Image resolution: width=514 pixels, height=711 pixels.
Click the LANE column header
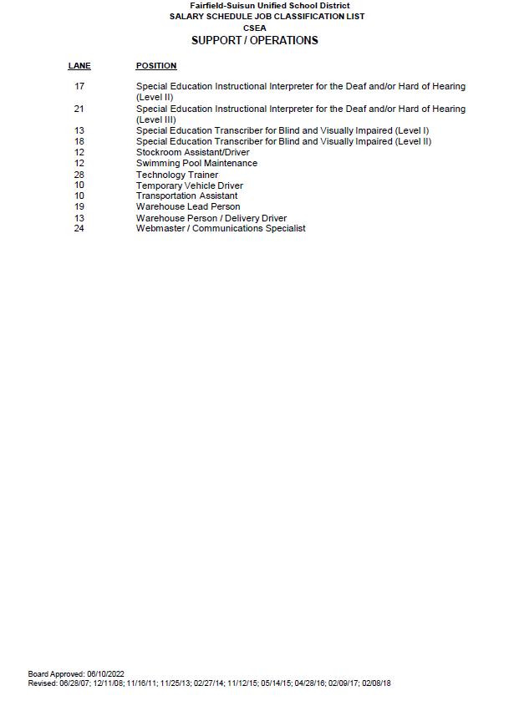pyautogui.click(x=79, y=66)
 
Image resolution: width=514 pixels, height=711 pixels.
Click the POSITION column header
pyautogui.click(x=156, y=66)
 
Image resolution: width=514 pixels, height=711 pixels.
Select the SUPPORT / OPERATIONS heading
pyautogui.click(x=255, y=40)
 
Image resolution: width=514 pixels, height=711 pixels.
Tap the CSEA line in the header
pyautogui.click(x=255, y=28)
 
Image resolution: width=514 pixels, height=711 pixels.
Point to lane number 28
pyautogui.click(x=79, y=175)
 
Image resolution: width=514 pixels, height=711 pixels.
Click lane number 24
pyautogui.click(x=79, y=228)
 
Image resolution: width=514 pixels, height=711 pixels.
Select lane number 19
pyautogui.click(x=79, y=206)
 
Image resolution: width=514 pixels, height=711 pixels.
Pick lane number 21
pyautogui.click(x=79, y=109)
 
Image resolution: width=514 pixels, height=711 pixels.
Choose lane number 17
pyautogui.click(x=79, y=86)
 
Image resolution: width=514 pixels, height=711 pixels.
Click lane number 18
pyautogui.click(x=79, y=141)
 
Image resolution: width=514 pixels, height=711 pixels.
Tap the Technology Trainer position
pyautogui.click(x=177, y=175)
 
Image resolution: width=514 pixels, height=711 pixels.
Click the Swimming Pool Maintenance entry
pyautogui.click(x=196, y=163)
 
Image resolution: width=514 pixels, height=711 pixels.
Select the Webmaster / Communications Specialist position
pyautogui.click(x=221, y=228)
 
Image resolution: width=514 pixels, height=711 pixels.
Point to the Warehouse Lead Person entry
pyautogui.click(x=188, y=206)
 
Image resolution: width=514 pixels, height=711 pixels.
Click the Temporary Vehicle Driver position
pyautogui.click(x=190, y=185)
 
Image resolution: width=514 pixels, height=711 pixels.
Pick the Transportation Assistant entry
pyautogui.click(x=186, y=196)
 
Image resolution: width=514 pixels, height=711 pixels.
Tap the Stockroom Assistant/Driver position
pyautogui.click(x=192, y=152)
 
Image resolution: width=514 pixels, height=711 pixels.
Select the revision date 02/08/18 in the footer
pyautogui.click(x=376, y=683)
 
